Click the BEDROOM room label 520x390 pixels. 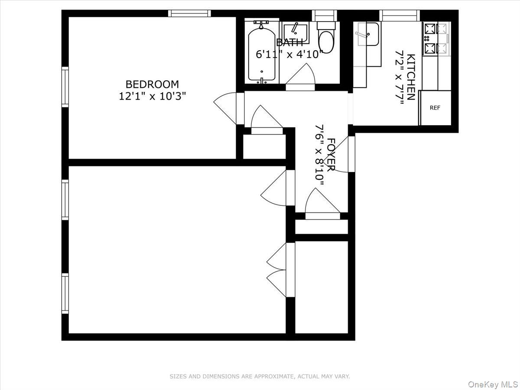pos(152,84)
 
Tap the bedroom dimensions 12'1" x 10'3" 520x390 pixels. pos(152,96)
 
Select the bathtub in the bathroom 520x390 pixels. pos(262,52)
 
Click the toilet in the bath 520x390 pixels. pos(326,39)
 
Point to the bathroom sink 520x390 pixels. pos(296,32)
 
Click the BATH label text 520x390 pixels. pos(289,42)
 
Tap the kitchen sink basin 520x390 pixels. pos(367,34)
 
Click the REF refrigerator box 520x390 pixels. pos(435,108)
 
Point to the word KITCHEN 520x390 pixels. pos(411,77)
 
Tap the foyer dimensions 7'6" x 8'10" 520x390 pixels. pos(320,156)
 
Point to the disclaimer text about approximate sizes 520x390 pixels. pos(259,377)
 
